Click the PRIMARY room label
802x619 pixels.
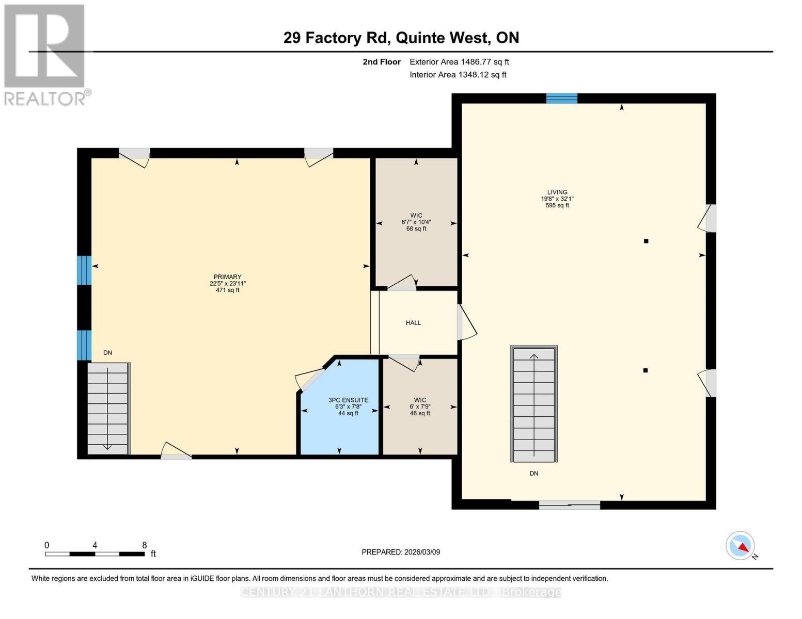pos(227,276)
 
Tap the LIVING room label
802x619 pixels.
pos(557,192)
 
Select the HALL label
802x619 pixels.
pos(413,322)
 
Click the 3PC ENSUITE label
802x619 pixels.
pos(348,400)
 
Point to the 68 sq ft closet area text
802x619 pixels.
pos(416,229)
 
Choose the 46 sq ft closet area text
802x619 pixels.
pos(420,413)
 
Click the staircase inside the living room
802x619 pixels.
pos(533,404)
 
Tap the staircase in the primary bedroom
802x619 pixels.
pos(108,408)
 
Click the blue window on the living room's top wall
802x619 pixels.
pos(562,99)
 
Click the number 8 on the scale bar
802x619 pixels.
pos(144,545)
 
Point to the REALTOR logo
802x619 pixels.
pos(46,55)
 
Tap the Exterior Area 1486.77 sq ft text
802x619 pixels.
pos(459,62)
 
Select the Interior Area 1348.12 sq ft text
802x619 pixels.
pos(458,74)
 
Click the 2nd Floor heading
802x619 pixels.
pos(381,62)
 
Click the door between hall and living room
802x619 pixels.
pos(466,322)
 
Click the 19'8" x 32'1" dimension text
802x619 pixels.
pos(557,199)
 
